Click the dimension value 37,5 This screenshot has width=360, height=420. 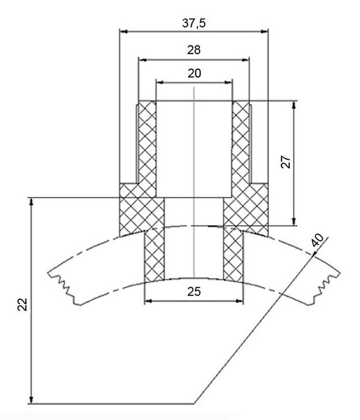[x=194, y=23]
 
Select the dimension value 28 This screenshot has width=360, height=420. [x=194, y=50]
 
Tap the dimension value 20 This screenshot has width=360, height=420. [x=194, y=73]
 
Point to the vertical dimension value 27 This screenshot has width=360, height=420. [x=286, y=162]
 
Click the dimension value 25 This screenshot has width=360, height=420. [x=194, y=292]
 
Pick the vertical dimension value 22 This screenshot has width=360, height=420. [x=23, y=304]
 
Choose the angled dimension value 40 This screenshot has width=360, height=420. [x=317, y=240]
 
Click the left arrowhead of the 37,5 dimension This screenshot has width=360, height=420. [x=123, y=31]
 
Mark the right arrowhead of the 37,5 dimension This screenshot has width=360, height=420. [x=264, y=31]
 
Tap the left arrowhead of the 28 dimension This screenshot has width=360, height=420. [x=143, y=60]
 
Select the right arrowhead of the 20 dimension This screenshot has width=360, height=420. [x=229, y=82]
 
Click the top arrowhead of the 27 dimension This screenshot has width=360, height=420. [x=294, y=105]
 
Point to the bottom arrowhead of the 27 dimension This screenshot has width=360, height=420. [x=294, y=222]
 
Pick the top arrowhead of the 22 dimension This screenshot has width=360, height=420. [x=31, y=202]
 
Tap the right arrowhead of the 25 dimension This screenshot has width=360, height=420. [x=239, y=301]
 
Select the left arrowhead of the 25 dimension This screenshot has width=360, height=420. [x=148, y=301]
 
